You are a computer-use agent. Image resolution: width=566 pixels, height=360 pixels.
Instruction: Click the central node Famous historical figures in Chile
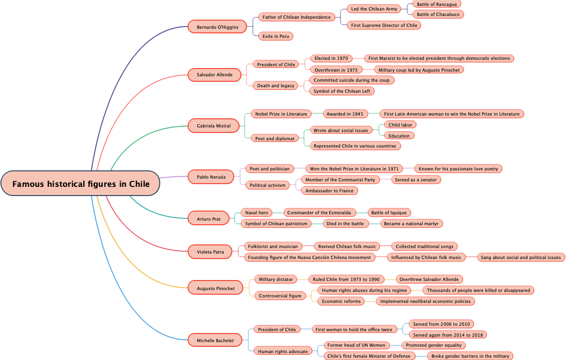coord(81,184)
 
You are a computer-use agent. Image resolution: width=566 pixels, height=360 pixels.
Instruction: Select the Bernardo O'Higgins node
coord(217,27)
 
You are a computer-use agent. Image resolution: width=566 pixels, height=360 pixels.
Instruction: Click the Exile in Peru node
coord(276,36)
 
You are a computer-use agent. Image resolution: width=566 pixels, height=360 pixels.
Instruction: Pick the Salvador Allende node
coord(215,74)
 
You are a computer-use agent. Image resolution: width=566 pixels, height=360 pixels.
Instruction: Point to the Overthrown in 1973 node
coord(336,70)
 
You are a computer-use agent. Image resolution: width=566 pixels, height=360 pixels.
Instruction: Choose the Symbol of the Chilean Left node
coord(342,91)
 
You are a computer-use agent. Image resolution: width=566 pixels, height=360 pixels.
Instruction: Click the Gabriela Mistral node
coord(214,126)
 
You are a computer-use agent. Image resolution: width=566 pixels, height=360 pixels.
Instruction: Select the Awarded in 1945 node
coord(345,114)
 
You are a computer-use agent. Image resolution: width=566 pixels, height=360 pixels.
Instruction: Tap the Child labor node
coord(400,125)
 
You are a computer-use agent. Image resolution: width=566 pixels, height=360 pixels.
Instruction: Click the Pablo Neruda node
coord(211,177)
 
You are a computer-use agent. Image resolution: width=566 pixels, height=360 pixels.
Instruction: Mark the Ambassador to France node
coord(330,191)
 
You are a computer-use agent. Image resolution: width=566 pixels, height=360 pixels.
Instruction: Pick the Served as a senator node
coord(416,180)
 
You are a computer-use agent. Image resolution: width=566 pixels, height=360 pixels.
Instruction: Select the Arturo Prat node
coord(209,219)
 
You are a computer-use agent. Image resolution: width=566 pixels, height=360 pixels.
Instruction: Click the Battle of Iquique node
coord(389,212)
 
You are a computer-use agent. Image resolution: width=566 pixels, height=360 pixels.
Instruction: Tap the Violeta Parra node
coord(210,252)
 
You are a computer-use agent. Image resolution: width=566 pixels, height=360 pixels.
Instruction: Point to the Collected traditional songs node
coord(424,246)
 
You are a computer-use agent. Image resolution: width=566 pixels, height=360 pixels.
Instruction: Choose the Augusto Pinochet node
coord(215,288)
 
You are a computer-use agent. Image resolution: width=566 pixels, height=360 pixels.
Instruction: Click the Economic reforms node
coord(341,301)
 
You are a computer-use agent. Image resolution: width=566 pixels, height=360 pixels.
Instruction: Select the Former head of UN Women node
coord(356,345)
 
